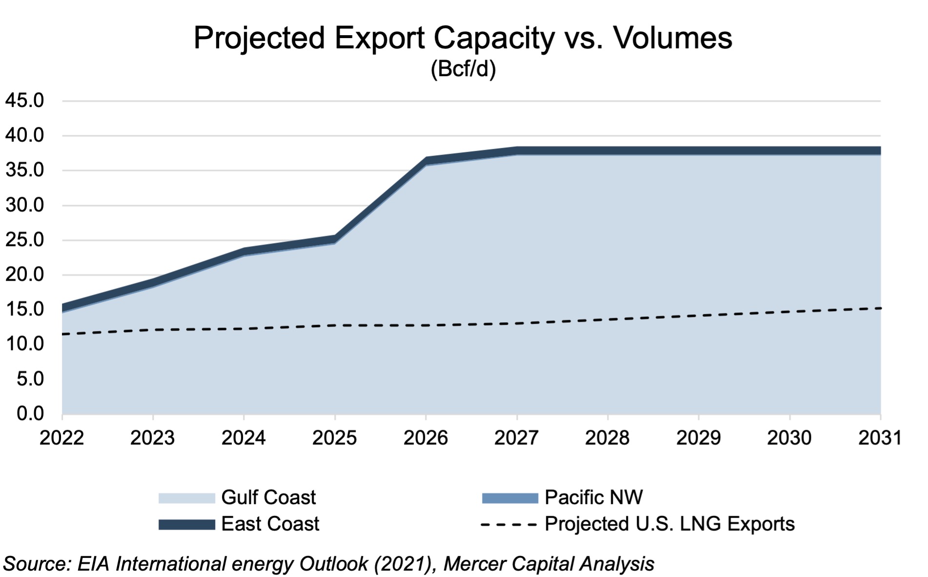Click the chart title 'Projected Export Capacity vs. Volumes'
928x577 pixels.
(x=463, y=38)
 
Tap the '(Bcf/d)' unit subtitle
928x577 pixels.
(x=463, y=69)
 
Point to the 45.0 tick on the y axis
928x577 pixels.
(x=24, y=101)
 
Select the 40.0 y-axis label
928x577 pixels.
(x=24, y=135)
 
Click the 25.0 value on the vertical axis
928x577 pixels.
(x=24, y=240)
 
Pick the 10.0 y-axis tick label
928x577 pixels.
(x=24, y=344)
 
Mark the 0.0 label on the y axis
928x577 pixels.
(x=30, y=413)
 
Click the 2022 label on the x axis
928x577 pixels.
(x=62, y=438)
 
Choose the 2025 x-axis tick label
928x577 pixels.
(x=335, y=438)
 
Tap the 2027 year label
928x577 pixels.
(x=517, y=438)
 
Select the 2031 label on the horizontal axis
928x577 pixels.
(x=880, y=438)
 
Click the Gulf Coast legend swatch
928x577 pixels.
(x=186, y=498)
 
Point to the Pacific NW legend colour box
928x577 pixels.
(x=510, y=498)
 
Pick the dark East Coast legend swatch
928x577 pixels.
(x=186, y=525)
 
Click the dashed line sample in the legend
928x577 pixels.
(x=509, y=525)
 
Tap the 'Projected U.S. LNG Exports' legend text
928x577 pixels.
(x=669, y=524)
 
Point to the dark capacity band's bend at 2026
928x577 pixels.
(x=426, y=161)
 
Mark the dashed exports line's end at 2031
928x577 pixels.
(x=880, y=308)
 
